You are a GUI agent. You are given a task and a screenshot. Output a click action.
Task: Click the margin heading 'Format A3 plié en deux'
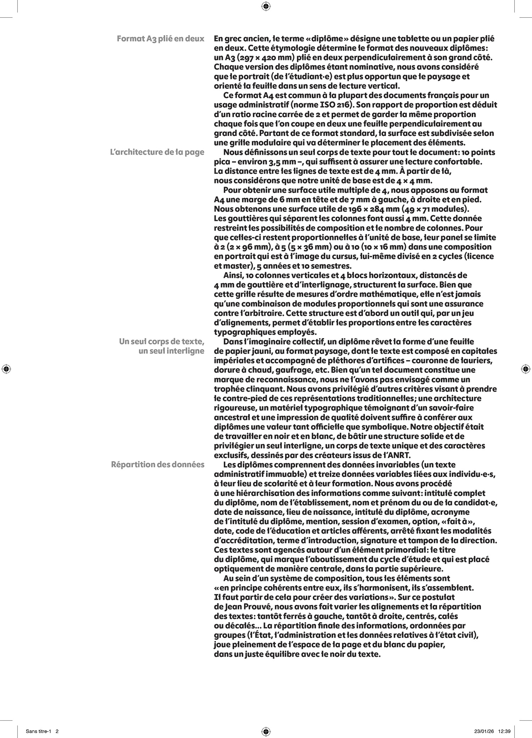pos(160,39)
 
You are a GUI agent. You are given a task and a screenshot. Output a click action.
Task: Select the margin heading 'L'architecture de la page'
pos(157,152)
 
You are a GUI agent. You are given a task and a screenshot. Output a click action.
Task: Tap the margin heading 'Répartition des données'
pos(157,464)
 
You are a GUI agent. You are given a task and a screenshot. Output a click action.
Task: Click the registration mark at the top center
pos(266,6)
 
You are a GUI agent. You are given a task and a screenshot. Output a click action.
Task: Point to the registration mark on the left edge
pos(6,369)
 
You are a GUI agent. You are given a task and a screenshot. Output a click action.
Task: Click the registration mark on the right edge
pos(526,369)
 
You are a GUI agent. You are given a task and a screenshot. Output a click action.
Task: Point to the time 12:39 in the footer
pos(504,731)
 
